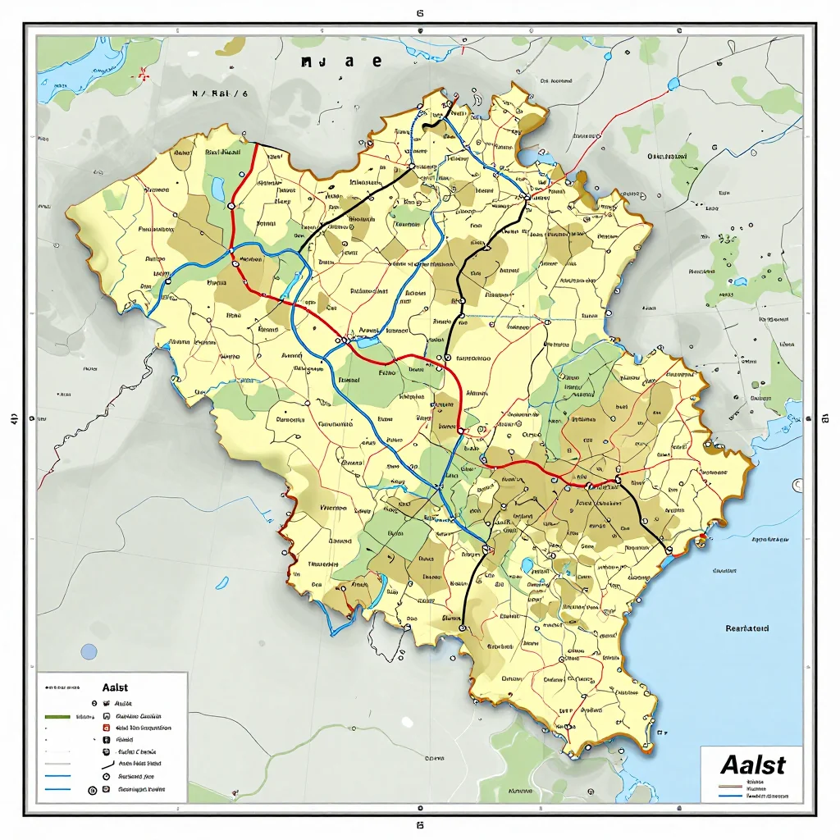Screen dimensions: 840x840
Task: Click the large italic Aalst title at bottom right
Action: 752,765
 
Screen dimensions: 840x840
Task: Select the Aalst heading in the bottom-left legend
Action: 116,687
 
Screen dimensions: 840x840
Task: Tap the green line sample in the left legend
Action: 57,716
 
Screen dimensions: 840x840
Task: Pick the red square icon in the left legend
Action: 107,728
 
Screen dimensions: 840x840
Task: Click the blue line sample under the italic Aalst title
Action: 729,795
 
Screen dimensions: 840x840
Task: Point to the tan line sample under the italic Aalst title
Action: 729,784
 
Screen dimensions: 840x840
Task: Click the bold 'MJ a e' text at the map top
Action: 341,62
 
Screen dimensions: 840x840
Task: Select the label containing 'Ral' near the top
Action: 219,94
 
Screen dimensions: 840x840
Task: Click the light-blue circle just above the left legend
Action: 89,651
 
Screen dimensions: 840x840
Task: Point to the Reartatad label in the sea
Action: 747,628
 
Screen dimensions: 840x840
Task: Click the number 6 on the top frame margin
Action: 419,13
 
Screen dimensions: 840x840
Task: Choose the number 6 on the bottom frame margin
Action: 419,826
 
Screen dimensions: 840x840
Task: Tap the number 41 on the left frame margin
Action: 13,419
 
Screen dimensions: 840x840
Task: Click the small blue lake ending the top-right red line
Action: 673,83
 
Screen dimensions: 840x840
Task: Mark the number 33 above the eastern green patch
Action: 725,239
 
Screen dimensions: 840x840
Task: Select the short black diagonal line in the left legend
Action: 107,763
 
